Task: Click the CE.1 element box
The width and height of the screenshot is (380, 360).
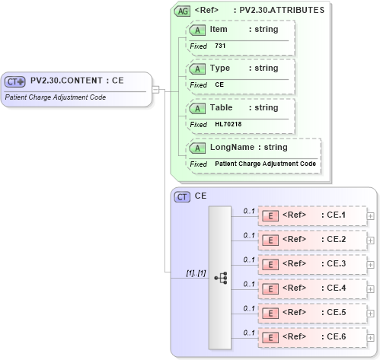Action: tap(311, 215)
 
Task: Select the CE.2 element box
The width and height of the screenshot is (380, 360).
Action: tap(311, 240)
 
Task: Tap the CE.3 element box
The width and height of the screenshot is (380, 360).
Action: tap(311, 264)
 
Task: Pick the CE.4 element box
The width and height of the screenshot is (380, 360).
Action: tap(311, 288)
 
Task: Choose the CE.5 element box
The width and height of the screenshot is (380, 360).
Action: tap(311, 313)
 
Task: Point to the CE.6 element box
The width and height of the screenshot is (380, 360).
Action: tap(311, 337)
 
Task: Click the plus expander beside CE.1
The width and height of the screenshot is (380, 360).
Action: tap(371, 216)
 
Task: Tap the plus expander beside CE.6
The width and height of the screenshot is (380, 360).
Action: tap(371, 337)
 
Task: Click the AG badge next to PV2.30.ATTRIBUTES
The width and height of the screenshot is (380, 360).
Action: tap(183, 11)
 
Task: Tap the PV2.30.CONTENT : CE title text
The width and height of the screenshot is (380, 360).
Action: tap(77, 80)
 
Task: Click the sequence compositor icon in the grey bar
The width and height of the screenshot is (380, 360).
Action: tap(221, 278)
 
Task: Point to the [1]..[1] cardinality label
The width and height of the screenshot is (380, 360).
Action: tap(196, 273)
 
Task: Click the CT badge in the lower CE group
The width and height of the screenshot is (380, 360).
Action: tap(183, 196)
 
